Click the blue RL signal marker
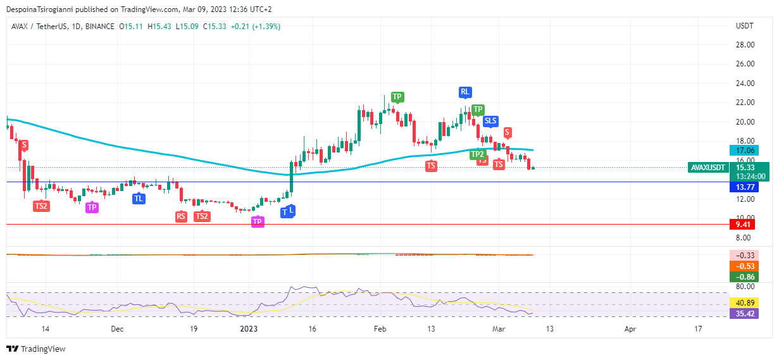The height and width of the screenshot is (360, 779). click(465, 92)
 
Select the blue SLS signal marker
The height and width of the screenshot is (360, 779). click(490, 121)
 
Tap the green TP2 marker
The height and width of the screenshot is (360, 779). click(477, 154)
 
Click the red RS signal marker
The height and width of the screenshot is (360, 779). click(182, 216)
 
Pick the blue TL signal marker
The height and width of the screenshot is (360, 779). click(139, 199)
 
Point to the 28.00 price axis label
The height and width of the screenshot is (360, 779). click(745, 45)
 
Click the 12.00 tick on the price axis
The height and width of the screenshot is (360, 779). click(745, 199)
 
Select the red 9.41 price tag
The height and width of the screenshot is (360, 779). click(740, 224)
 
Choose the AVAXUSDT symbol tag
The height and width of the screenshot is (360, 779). click(707, 168)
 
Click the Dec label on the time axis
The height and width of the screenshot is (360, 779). click(117, 329)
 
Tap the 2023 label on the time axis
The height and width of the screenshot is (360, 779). click(249, 329)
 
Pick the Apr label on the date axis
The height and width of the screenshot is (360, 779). click(630, 329)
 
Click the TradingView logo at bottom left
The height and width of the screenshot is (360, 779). click(36, 349)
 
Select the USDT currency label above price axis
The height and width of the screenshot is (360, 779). click(745, 27)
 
